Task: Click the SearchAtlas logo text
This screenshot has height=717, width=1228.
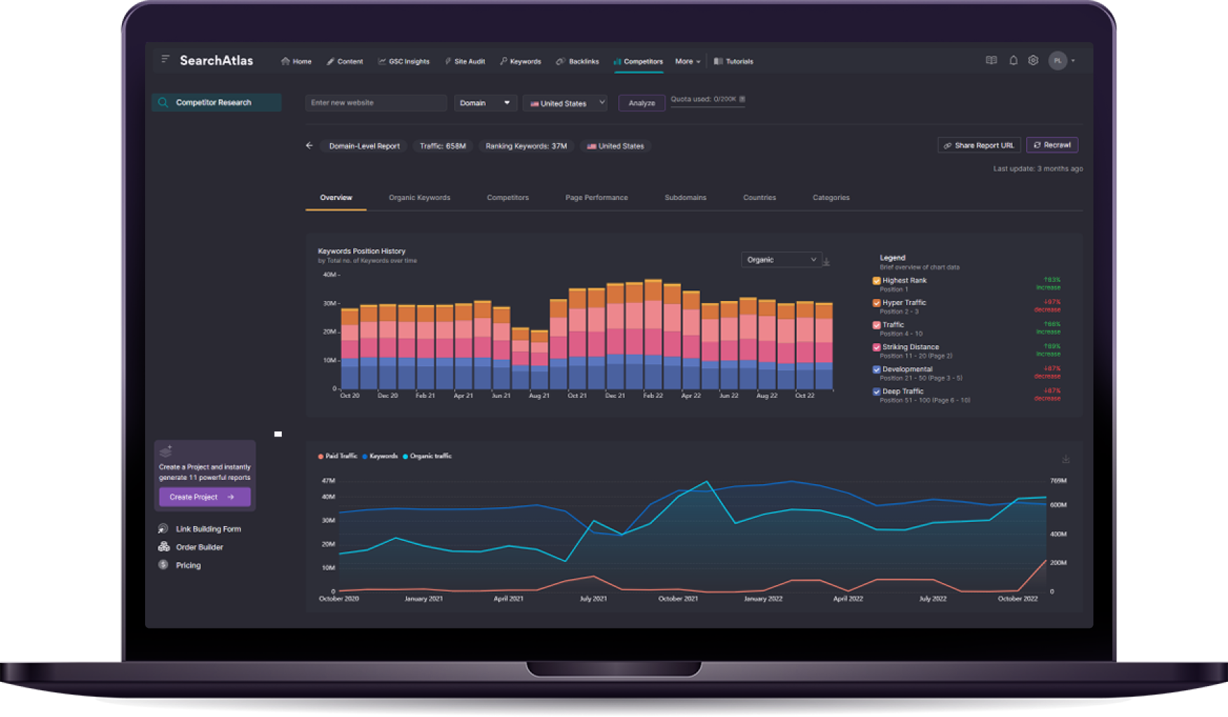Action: [x=216, y=61]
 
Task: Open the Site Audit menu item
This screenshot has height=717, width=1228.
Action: [x=469, y=62]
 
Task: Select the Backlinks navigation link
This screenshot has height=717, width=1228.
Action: [x=583, y=62]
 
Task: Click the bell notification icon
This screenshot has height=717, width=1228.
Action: [x=1013, y=60]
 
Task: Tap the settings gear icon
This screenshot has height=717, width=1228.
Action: [x=1033, y=60]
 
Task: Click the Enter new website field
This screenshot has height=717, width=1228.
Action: [x=376, y=103]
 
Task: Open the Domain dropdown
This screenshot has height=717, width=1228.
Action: [x=485, y=103]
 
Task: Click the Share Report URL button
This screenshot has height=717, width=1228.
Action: [x=979, y=145]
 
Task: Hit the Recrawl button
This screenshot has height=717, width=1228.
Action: [x=1052, y=145]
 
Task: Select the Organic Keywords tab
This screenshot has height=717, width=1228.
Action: [x=419, y=198]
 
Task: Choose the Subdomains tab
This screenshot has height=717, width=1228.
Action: [x=685, y=198]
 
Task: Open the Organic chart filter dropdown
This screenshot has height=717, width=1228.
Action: [x=781, y=260]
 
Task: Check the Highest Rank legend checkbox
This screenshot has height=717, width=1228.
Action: [x=876, y=281]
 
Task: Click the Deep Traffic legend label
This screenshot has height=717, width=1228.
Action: [x=903, y=391]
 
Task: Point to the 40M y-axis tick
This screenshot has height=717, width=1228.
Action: [x=329, y=274]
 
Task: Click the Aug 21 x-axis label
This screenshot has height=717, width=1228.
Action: [x=539, y=396]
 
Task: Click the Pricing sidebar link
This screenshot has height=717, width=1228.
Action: [x=188, y=565]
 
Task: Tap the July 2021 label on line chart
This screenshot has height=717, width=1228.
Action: [x=593, y=598]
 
